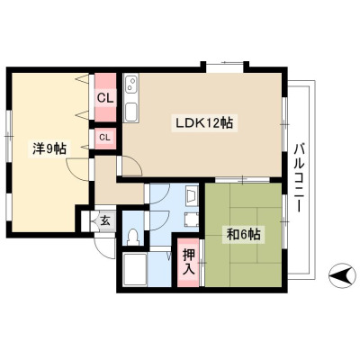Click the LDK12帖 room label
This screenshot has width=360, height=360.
coord(204,123)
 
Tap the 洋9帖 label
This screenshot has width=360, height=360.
coord(49,148)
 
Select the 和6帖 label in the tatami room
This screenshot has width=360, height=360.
coord(243,234)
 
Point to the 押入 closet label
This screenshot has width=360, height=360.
coord(189,262)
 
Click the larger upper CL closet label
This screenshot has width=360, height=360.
coord(106,98)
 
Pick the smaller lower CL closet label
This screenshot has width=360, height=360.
coord(104,138)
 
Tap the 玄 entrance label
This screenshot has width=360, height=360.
coord(105,221)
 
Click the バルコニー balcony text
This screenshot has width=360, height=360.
coord(300,178)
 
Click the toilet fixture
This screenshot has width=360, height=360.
coord(132,237)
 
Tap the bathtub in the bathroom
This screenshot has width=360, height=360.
coord(135,269)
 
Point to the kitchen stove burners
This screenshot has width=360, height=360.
coord(131,84)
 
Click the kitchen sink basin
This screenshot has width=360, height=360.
coord(131,111)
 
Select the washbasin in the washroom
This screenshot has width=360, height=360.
coord(192,196)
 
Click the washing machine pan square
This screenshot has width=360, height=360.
coord(191,220)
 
